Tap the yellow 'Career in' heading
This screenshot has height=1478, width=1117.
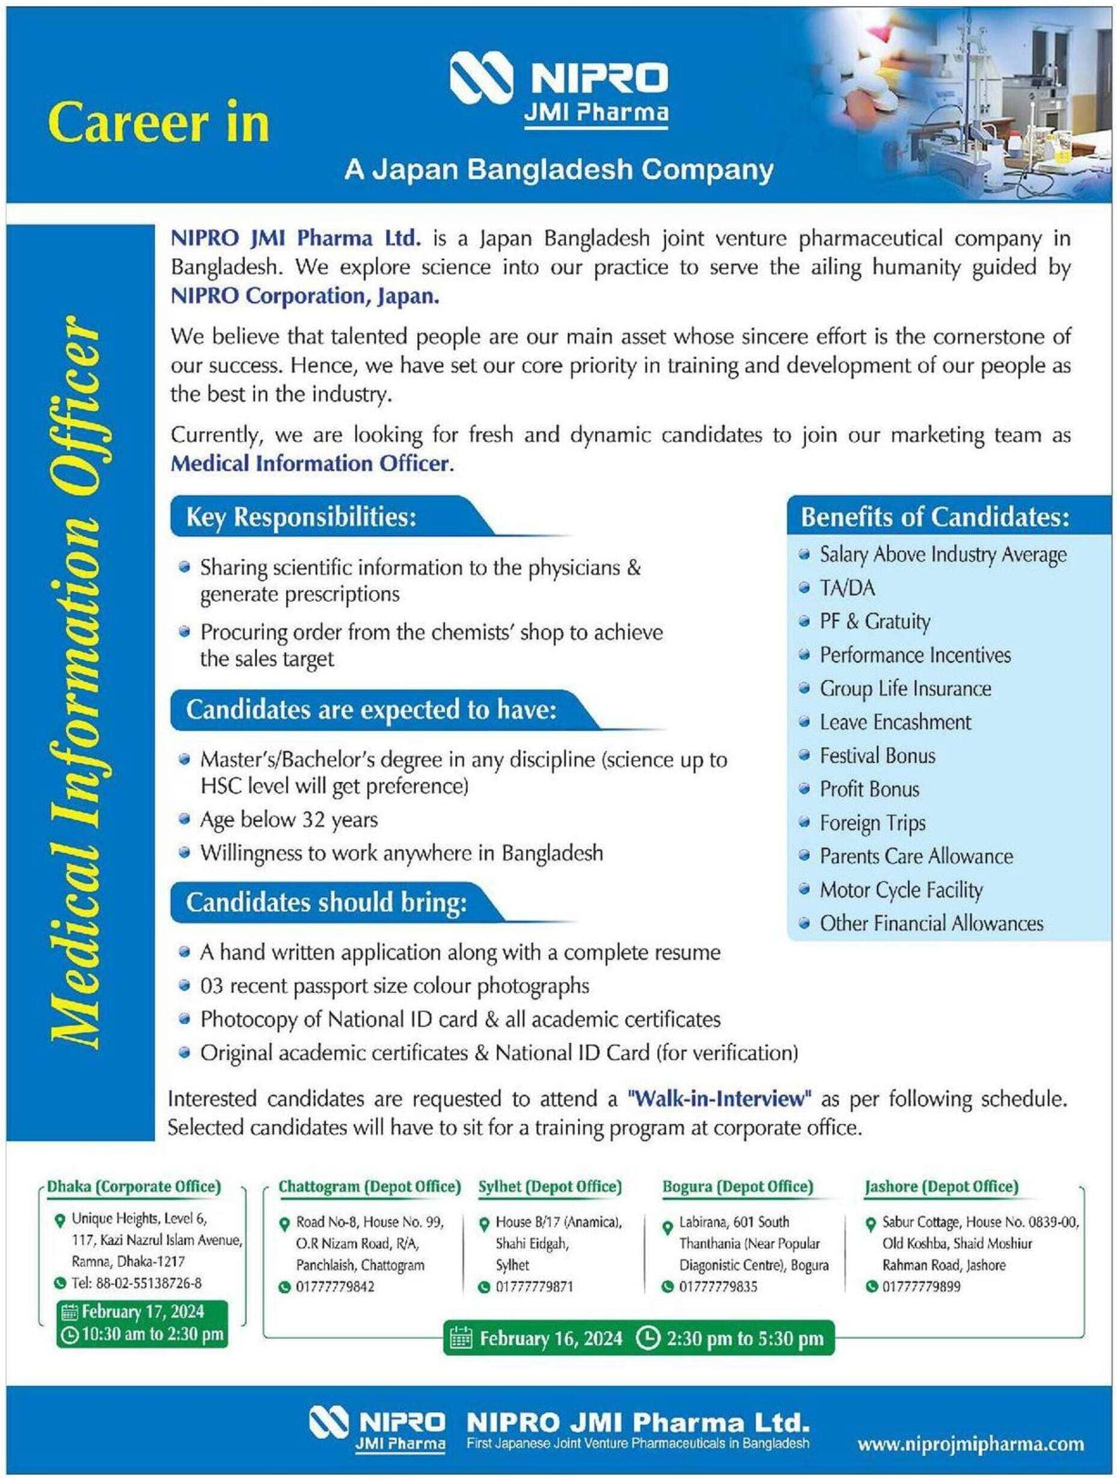(x=158, y=123)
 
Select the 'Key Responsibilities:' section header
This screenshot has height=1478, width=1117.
(x=301, y=517)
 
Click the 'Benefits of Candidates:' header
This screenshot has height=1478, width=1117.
(x=935, y=517)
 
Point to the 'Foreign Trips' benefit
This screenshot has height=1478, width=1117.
(x=872, y=823)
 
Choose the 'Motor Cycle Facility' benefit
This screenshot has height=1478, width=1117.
(x=901, y=890)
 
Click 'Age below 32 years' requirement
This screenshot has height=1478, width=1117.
(x=289, y=820)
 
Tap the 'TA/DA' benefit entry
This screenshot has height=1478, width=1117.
(x=847, y=588)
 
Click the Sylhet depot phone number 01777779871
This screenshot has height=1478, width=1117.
(x=534, y=1287)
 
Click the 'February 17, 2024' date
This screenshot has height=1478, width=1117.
(x=142, y=1311)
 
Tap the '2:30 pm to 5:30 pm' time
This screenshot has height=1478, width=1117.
(x=744, y=1338)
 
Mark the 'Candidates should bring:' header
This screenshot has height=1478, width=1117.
(x=326, y=903)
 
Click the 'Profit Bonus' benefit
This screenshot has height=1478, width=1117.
(x=869, y=790)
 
